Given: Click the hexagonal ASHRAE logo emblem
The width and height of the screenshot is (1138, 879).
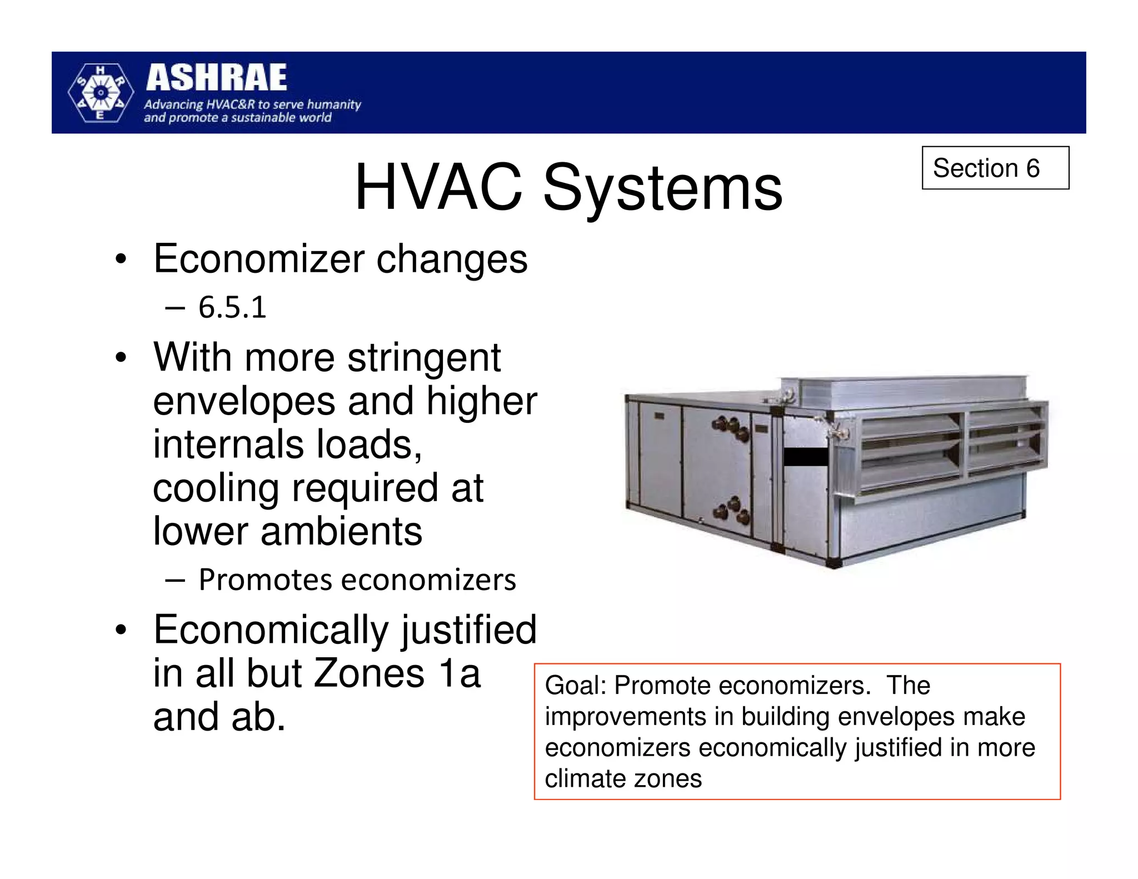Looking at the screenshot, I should [x=101, y=93].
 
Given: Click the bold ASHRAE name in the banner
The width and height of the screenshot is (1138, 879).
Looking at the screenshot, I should [x=216, y=78].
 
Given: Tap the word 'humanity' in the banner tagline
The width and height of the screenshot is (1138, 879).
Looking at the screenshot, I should [x=333, y=104].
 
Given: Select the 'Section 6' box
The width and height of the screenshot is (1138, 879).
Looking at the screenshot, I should [x=995, y=168].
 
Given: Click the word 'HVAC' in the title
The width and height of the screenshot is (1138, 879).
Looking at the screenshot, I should [x=438, y=187].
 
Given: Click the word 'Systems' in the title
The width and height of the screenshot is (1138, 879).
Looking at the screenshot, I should [x=662, y=187].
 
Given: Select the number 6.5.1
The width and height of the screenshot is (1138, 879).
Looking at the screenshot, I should [x=232, y=307].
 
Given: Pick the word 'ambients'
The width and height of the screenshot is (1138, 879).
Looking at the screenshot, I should [x=341, y=531].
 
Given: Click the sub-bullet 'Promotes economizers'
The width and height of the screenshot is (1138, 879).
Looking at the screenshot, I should [x=357, y=580].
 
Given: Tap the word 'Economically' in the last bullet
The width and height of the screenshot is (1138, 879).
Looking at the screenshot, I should [x=271, y=630].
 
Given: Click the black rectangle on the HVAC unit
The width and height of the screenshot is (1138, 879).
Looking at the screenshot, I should [x=805, y=457].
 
